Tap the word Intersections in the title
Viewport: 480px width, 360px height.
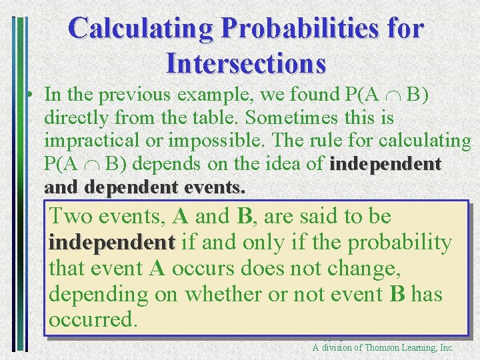(x=246, y=63)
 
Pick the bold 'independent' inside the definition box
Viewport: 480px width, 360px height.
(x=111, y=243)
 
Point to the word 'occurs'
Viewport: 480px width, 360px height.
(x=215, y=269)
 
